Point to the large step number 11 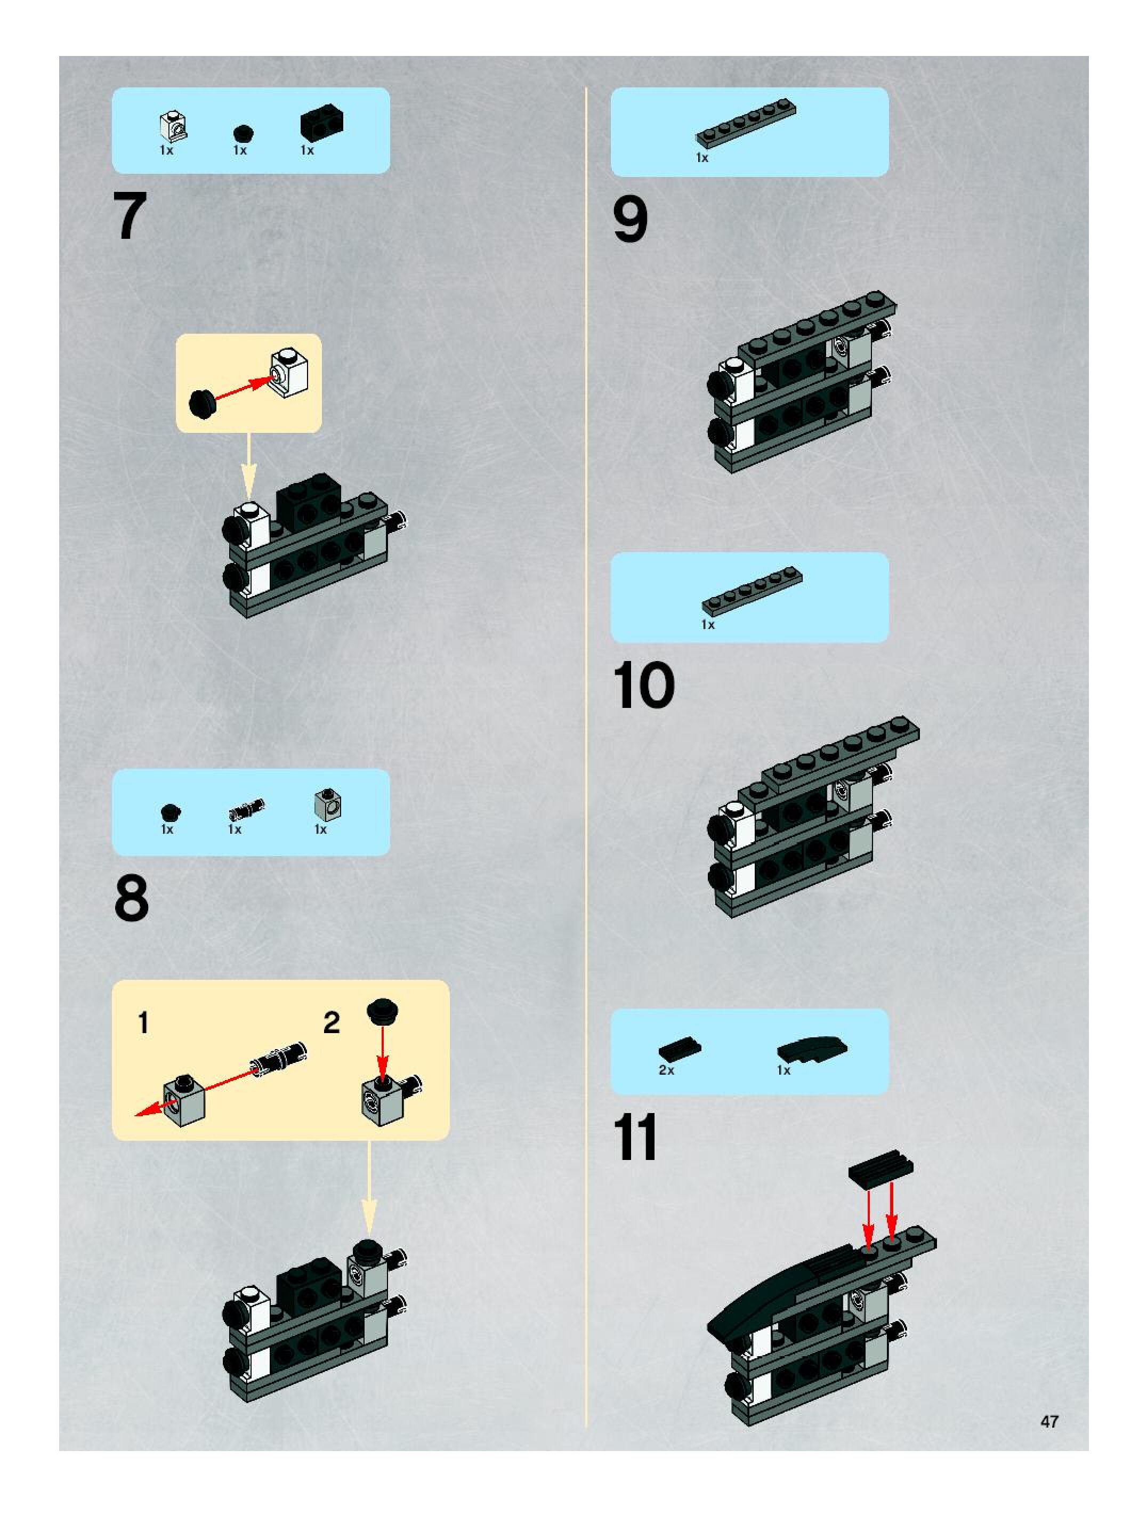coord(635,1138)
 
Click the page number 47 coord(1049,1421)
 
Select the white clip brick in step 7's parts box coord(174,125)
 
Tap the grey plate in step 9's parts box coord(746,125)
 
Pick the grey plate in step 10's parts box coord(751,591)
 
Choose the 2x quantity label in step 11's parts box coord(666,1070)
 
